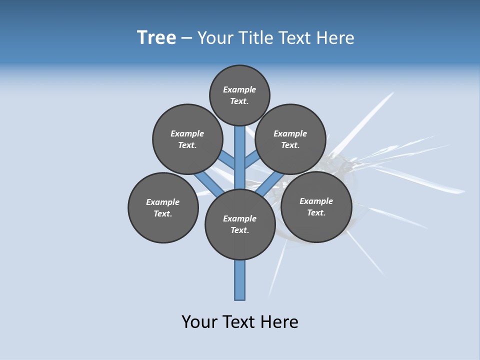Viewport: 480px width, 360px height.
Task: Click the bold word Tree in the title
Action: pos(156,38)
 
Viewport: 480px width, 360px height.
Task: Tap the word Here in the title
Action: pos(335,38)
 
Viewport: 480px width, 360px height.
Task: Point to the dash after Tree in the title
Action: pos(186,38)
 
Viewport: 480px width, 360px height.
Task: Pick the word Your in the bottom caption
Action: pos(199,321)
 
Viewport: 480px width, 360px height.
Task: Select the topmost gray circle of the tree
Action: pos(239,95)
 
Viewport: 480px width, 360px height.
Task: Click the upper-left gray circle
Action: pos(187,139)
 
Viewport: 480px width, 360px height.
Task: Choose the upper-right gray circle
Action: pos(290,139)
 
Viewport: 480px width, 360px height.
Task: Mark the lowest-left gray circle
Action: pos(163,207)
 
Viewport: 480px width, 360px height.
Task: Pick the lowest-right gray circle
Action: pos(316,207)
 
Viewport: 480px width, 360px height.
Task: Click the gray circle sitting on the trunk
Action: pos(240,224)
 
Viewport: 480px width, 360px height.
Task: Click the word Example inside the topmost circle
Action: pos(239,89)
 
